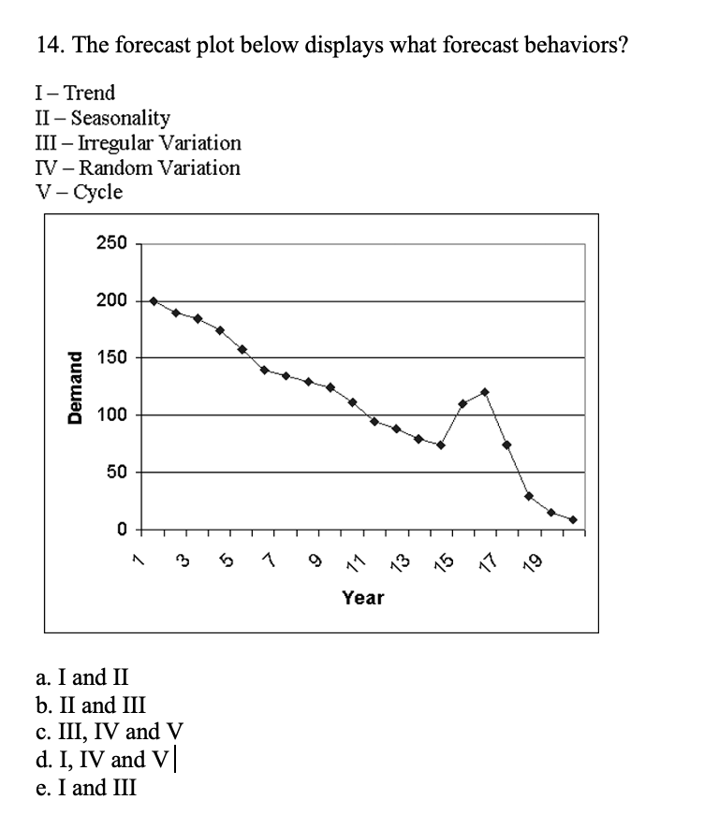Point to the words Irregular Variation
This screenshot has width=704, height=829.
[x=161, y=143]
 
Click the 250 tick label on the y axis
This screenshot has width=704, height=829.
[x=110, y=244]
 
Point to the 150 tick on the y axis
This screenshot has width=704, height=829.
[x=110, y=358]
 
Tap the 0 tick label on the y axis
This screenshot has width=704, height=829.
[x=121, y=530]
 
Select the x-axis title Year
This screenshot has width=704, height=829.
[x=362, y=597]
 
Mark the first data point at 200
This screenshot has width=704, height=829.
[x=154, y=301]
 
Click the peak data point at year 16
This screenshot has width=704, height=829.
[x=484, y=392]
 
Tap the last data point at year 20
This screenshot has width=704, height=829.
[x=573, y=520]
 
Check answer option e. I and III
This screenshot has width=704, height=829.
[x=84, y=788]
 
